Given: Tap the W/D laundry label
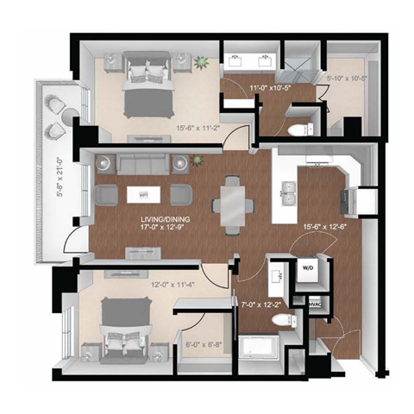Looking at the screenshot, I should point(308,268).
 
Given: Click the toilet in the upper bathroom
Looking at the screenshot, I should point(295,130).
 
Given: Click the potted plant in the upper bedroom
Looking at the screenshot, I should point(202,62).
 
